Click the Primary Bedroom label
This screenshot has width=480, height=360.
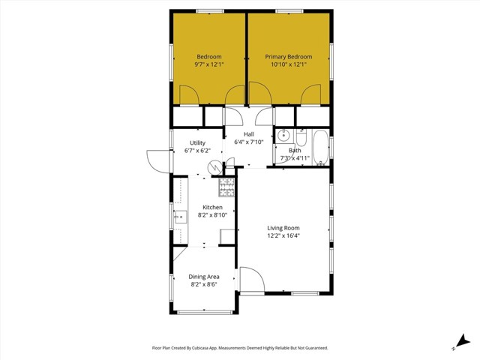pyautogui.click(x=289, y=57)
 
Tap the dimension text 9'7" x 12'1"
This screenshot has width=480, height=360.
pyautogui.click(x=209, y=65)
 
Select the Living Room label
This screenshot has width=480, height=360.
pyautogui.click(x=283, y=228)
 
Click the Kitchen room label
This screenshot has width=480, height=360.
pyautogui.click(x=212, y=207)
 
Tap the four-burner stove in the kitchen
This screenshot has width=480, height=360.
pyautogui.click(x=226, y=187)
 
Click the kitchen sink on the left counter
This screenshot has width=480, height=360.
pyautogui.click(x=180, y=218)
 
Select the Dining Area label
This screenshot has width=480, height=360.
pyautogui.click(x=204, y=277)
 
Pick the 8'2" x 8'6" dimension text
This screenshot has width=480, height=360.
pyautogui.click(x=204, y=284)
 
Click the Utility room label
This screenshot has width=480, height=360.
pyautogui.click(x=197, y=142)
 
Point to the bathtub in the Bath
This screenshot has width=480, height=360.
pyautogui.click(x=320, y=147)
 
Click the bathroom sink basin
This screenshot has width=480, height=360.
pyautogui.click(x=283, y=136)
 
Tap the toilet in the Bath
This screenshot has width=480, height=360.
pyautogui.click(x=301, y=137)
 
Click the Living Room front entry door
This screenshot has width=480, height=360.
pyautogui.click(x=250, y=280)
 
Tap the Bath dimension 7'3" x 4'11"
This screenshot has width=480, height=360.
pyautogui.click(x=295, y=158)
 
